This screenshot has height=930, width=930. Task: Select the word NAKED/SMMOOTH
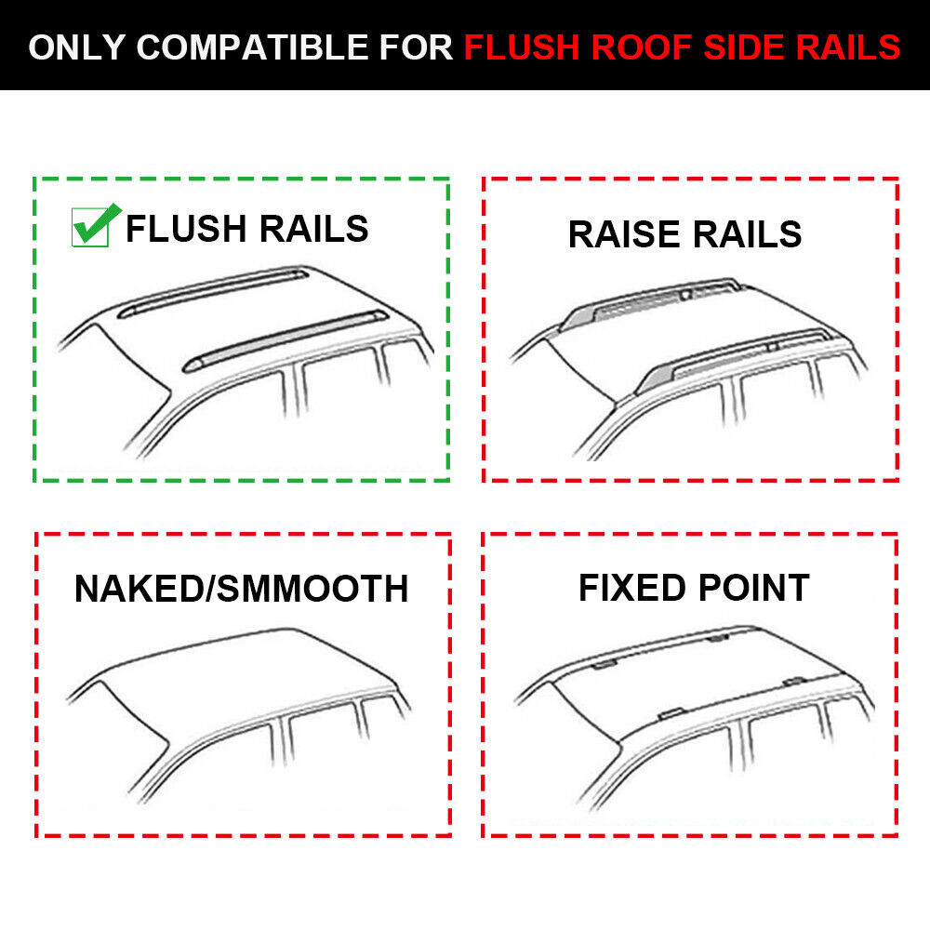[x=242, y=589]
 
